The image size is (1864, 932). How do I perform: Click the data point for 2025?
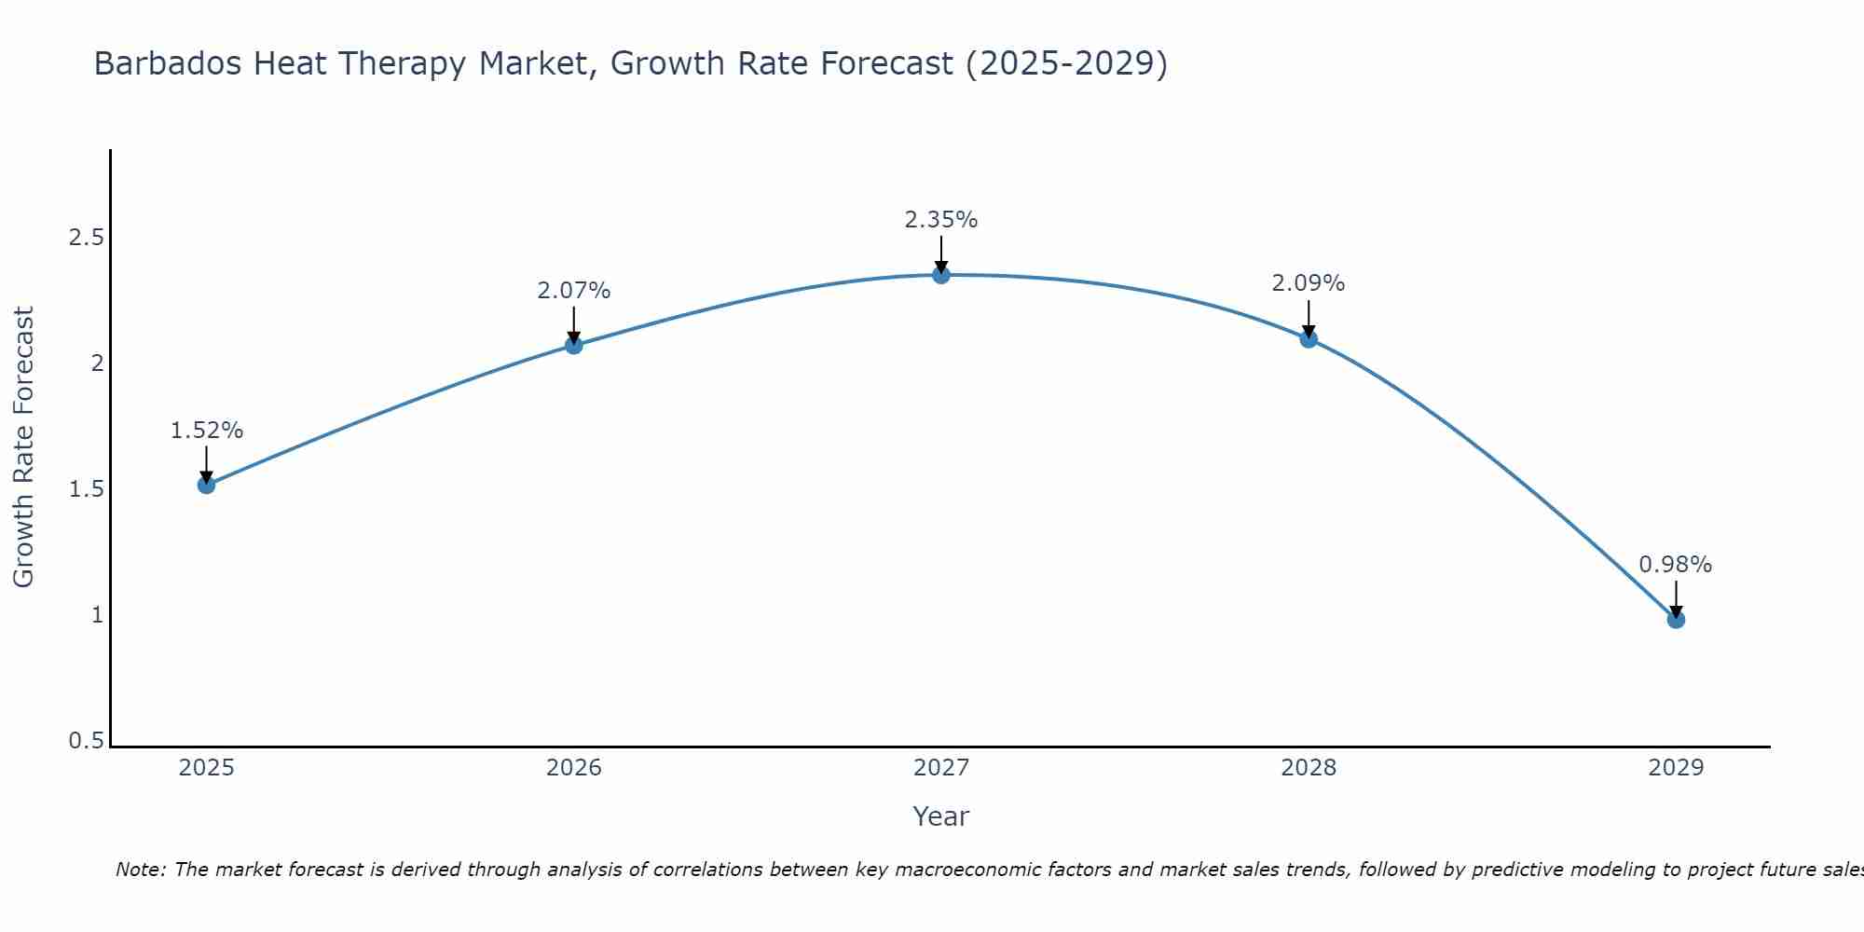[x=207, y=485]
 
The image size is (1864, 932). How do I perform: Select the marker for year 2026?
[x=574, y=346]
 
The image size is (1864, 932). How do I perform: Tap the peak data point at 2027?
[x=941, y=275]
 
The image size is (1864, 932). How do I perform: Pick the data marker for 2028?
[x=1309, y=339]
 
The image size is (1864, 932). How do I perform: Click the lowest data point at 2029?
[x=1676, y=620]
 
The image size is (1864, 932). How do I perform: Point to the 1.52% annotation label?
[x=207, y=431]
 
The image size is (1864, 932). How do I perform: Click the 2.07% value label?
[x=574, y=291]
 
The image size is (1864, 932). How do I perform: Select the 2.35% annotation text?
[x=941, y=220]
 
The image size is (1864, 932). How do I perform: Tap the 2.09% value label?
[x=1309, y=283]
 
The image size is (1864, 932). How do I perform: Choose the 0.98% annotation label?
[x=1676, y=565]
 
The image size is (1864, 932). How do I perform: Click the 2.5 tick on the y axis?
[x=86, y=238]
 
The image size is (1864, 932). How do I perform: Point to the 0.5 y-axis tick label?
[x=86, y=741]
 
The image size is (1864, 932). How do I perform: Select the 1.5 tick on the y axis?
[x=86, y=489]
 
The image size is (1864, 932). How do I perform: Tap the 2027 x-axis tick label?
[x=941, y=768]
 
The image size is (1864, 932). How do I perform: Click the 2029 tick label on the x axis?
[x=1676, y=768]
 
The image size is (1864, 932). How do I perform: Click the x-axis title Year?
[x=941, y=816]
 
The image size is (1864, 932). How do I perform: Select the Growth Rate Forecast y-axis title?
[x=24, y=447]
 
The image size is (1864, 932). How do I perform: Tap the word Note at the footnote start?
[x=140, y=870]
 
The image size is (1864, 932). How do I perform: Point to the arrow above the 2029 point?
[x=1676, y=598]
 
